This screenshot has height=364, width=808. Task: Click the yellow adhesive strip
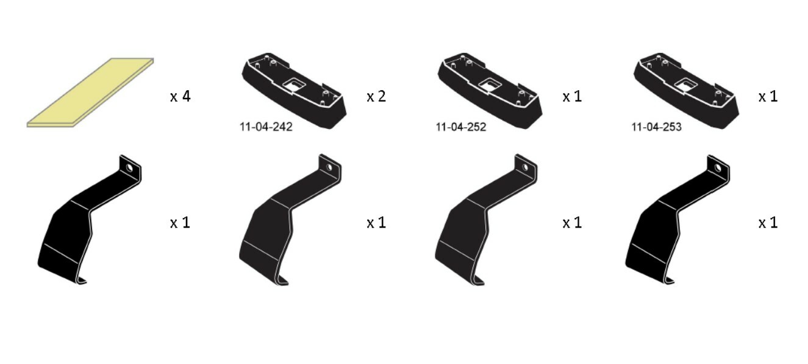coord(90,93)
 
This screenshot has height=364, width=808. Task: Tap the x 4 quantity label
coord(180,96)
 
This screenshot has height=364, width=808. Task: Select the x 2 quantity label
coord(376,96)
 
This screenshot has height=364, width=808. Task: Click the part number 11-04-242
coord(266,127)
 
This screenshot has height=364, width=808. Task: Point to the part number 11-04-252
coord(461,127)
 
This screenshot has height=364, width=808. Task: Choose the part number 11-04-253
coord(656,127)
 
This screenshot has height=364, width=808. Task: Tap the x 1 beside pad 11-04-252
coord(572,96)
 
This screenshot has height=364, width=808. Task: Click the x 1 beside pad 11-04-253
coord(768,96)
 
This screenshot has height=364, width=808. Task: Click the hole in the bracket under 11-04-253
coord(718,167)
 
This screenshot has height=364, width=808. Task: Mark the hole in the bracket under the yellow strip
coord(130,166)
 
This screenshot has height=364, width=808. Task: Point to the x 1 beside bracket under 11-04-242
coord(376,223)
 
